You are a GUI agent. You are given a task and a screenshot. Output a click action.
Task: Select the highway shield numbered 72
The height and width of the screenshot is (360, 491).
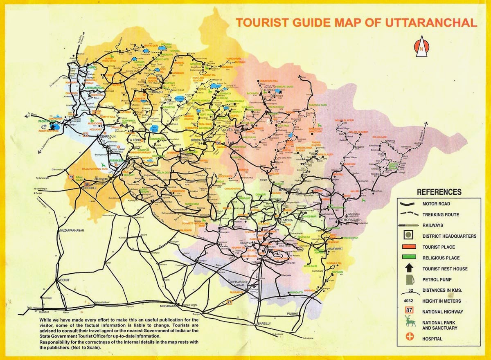click(86, 134)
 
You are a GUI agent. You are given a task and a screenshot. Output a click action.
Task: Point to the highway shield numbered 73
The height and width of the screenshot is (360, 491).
click(71, 177)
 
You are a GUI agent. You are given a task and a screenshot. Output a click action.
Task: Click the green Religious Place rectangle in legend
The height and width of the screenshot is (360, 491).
click(410, 257)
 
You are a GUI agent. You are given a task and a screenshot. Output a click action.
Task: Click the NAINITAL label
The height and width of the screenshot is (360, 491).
click(245, 243)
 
